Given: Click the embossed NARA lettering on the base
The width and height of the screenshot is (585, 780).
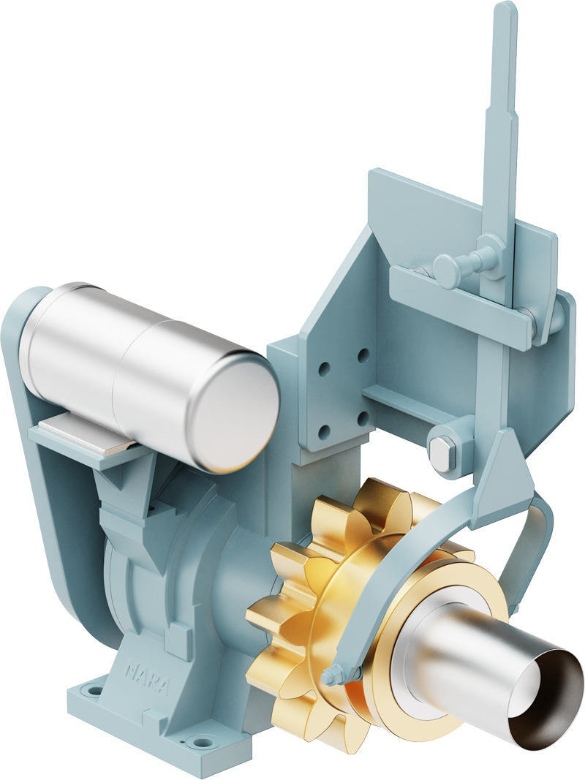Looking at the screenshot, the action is [x=147, y=678].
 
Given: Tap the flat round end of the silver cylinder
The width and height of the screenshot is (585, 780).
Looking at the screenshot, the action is [x=235, y=410].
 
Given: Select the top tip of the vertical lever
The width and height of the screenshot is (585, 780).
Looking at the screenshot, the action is [x=504, y=5].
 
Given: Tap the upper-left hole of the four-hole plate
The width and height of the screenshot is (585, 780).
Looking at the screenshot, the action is [x=325, y=369].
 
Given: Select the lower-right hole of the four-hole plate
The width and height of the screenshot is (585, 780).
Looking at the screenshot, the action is [x=363, y=419].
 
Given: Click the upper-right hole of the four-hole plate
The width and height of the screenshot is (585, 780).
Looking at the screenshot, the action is [x=363, y=355].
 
